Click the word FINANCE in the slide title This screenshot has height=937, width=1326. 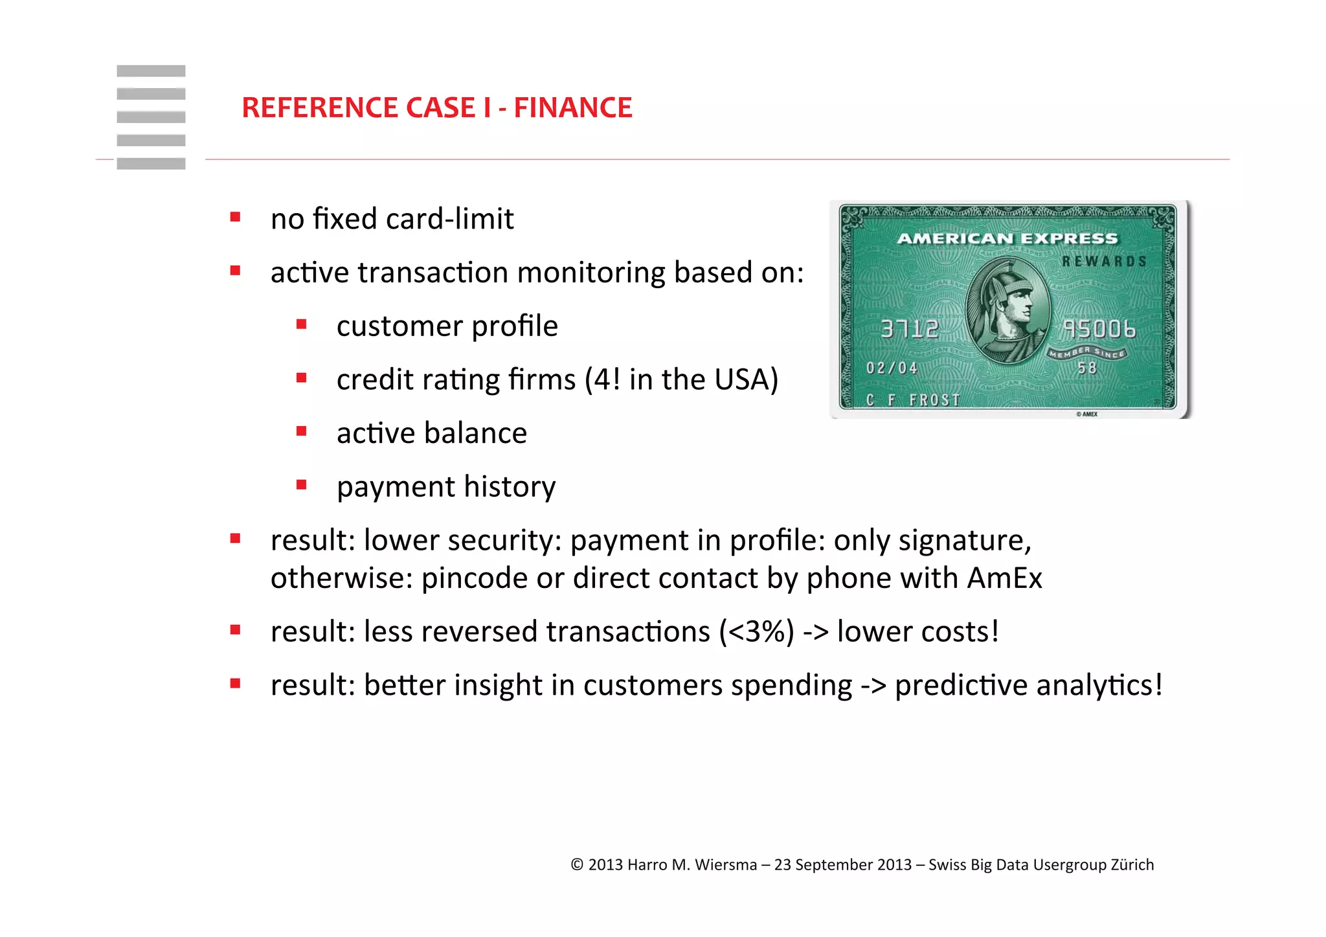pos(572,107)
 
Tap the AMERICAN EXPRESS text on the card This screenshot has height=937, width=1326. pos(1007,239)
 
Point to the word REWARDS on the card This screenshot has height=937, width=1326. pos(1104,262)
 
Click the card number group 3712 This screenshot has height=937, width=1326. pos(909,329)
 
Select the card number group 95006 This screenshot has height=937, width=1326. pos(1099,329)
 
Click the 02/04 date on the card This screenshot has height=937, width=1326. pos(892,368)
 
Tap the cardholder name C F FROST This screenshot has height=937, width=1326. pos(913,400)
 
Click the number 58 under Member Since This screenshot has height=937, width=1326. pos(1087,368)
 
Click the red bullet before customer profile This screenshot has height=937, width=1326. pos(301,324)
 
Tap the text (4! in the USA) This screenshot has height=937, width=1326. pos(681,379)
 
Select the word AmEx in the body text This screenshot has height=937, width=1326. pos(1004,578)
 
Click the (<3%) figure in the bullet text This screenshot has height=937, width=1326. pos(756,632)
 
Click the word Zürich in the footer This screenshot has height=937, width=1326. pos(1132,865)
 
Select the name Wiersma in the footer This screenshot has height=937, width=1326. pos(725,865)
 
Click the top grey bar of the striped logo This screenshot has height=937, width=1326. pos(151,71)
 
